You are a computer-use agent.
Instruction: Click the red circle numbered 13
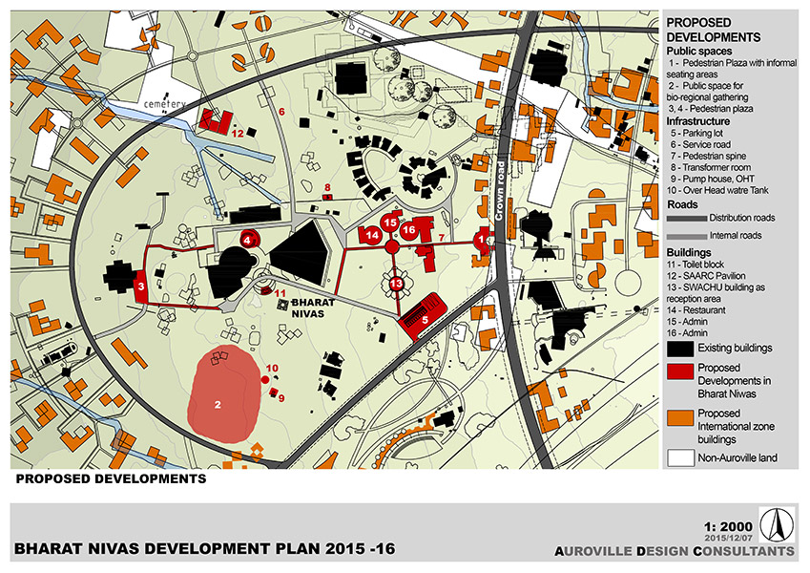pos(396,284)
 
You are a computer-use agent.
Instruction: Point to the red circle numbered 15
pos(389,222)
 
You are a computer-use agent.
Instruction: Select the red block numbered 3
pos(142,286)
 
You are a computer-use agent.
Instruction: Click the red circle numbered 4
pos(249,241)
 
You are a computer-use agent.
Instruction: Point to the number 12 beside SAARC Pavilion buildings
pos(239,133)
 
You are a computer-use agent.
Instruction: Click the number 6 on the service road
pos(282,111)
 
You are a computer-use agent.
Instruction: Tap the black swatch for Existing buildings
pos(679,347)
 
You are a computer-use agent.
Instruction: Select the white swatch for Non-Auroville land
pos(679,457)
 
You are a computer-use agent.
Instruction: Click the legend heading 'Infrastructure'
pos(698,121)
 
